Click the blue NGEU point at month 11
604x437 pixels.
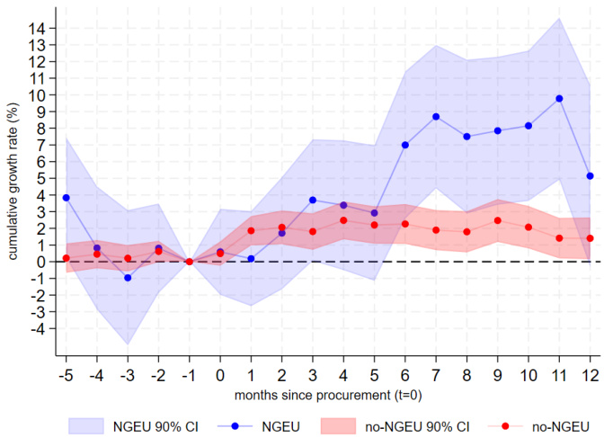[x=559, y=98]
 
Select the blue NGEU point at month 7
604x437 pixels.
[x=436, y=117]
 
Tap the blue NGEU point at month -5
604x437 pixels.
[x=67, y=198]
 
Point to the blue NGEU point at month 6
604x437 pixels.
[x=405, y=145]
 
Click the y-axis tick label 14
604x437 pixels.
[x=39, y=29]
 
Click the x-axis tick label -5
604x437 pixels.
[x=66, y=374]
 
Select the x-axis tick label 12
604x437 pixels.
[x=589, y=374]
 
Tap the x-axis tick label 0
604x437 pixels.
[x=220, y=374]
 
